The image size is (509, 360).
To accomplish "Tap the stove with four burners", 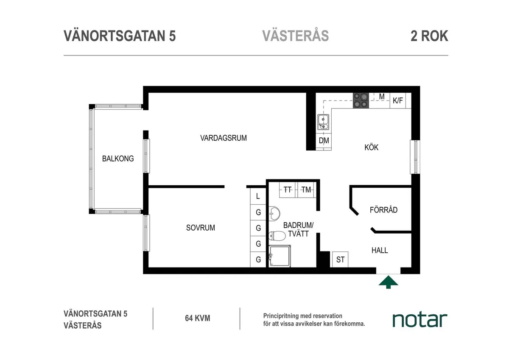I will tap(361, 100).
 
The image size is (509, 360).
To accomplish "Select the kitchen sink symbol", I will tap(323, 122).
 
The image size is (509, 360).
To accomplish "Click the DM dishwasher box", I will tap(324, 141).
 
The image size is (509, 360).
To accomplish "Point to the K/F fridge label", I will tap(398, 100).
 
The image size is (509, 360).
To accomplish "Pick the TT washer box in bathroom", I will tap(288, 190).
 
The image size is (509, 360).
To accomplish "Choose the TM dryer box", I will tap(306, 190).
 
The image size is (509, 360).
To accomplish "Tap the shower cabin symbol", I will tap(279, 256).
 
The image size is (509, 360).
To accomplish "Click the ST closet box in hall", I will tap(340, 260).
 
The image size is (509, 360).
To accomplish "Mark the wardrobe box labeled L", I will tap(258, 197).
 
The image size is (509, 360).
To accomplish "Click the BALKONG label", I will tap(118, 159).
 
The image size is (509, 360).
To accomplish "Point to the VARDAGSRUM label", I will tap(223, 138).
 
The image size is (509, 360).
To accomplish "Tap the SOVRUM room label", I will tap(200, 228).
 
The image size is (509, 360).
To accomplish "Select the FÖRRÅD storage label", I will tap(383, 209).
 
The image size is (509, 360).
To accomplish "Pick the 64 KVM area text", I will tap(197, 318).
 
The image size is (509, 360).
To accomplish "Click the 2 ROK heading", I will tap(429, 36).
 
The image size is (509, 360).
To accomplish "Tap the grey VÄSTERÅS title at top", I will tap(295, 36).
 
